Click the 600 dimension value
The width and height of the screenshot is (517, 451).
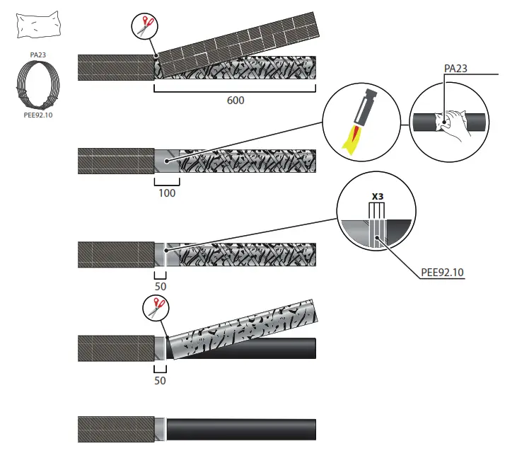[x=235, y=101]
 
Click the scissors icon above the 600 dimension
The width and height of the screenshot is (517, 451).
[x=145, y=27]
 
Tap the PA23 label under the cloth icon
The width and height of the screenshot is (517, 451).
[x=38, y=52]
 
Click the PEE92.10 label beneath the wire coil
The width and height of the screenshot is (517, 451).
[x=38, y=115]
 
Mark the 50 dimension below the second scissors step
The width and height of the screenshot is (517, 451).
[x=160, y=380]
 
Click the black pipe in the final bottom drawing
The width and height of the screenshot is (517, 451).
[x=240, y=429]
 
